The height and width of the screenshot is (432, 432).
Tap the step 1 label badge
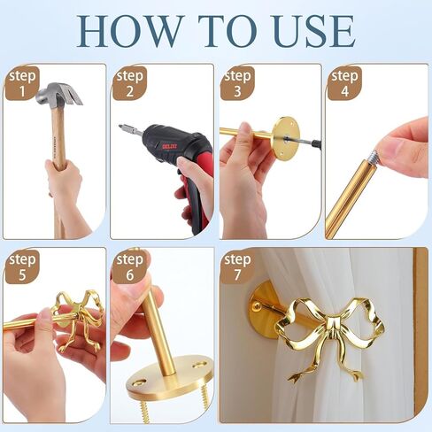pyautogui.click(x=22, y=83)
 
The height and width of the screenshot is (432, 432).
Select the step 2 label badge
pyautogui.click(x=129, y=83)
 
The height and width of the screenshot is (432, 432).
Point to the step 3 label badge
pyautogui.click(x=238, y=83)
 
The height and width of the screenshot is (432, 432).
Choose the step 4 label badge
pyautogui.click(x=344, y=83)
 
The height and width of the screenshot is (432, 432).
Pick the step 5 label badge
pyautogui.click(x=22, y=267)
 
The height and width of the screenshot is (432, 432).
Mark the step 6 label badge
pyautogui.click(x=129, y=267)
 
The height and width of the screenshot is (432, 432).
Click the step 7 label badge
pyautogui.click(x=238, y=267)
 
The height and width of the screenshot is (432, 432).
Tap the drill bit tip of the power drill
pyautogui.click(x=120, y=127)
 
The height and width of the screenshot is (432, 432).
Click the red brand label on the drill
pyautogui.click(x=170, y=146)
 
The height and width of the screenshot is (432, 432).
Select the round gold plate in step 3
pyautogui.click(x=286, y=137)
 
